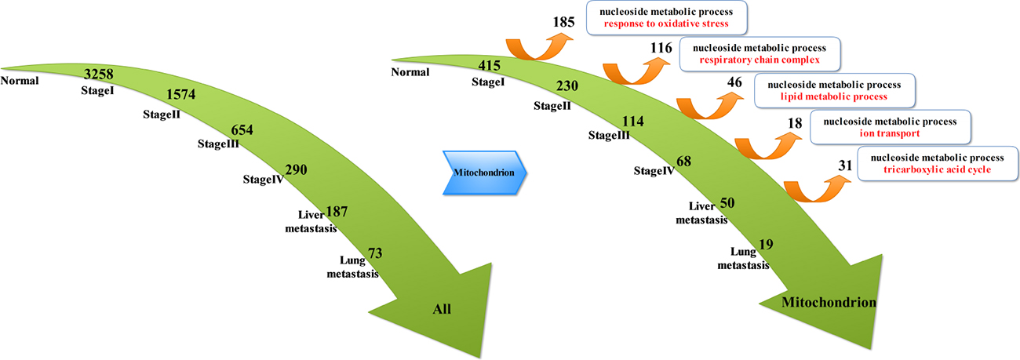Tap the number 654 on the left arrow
coord(242,130)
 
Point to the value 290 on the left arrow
coord(297,170)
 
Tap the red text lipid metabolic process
coord(833,96)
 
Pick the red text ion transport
coord(889,134)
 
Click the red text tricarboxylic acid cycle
coord(937,169)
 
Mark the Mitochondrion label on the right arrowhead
coord(829,301)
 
